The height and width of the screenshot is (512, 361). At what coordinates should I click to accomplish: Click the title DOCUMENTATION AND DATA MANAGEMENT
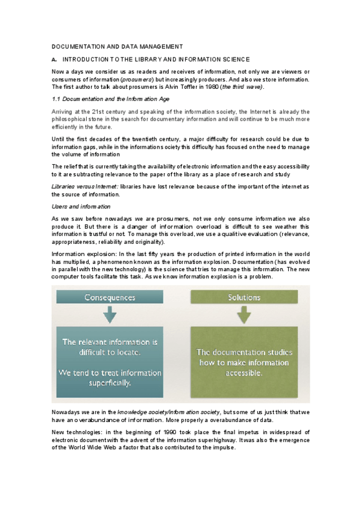pos(117,46)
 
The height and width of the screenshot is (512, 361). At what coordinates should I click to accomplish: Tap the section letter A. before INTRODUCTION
pos(54,59)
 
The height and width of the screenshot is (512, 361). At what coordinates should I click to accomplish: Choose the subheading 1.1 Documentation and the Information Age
pos(104,98)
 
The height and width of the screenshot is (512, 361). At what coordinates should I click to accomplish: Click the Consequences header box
pos(108,298)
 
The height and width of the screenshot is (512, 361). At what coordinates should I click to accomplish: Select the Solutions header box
pos(245,298)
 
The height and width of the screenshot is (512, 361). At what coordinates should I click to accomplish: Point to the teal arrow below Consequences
pos(109,316)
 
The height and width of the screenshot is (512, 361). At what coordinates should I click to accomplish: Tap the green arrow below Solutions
pos(245,316)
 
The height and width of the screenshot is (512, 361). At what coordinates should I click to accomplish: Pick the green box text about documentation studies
pos(245,362)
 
